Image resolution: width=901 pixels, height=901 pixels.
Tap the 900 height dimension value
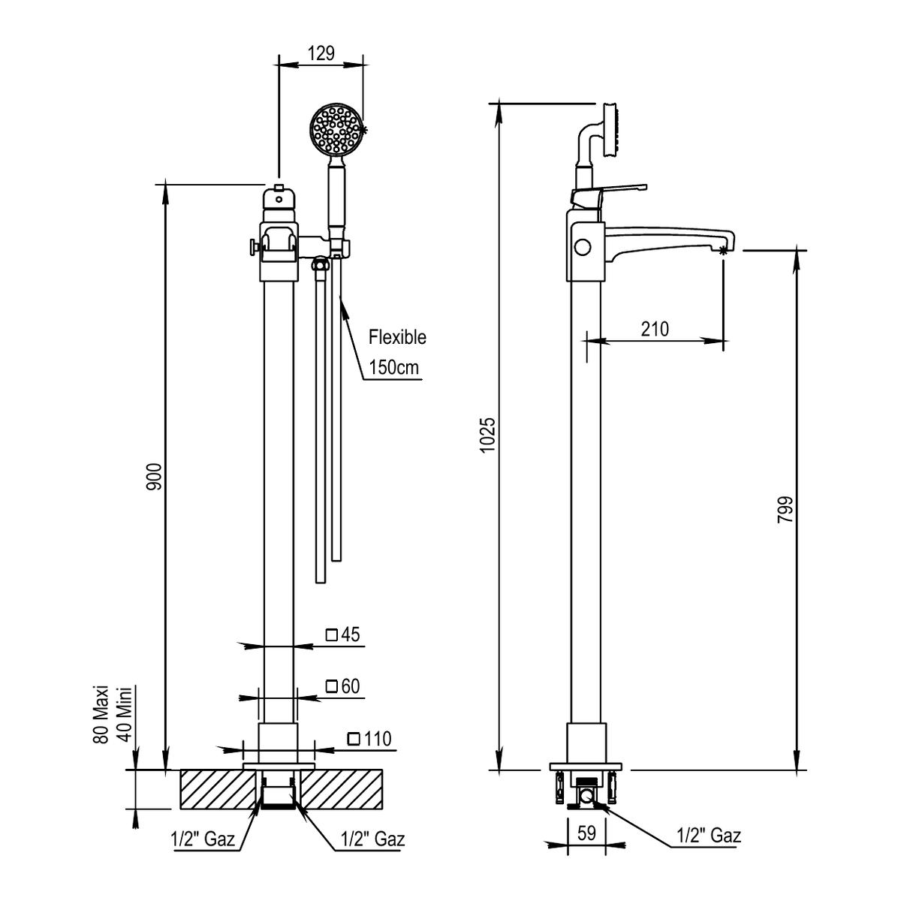pos(155,477)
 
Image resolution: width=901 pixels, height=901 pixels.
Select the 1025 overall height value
pos(488,435)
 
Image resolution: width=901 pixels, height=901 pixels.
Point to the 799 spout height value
pos(785,510)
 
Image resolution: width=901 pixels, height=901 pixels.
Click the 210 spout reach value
pos(655,329)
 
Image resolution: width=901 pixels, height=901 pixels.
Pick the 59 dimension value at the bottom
pos(587,833)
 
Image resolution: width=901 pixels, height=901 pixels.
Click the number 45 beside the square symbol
pos(351,634)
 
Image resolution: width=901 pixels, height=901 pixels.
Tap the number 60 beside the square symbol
pos(351,686)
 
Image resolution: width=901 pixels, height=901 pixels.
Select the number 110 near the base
pos(378,739)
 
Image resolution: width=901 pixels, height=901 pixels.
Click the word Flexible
pos(397,337)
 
